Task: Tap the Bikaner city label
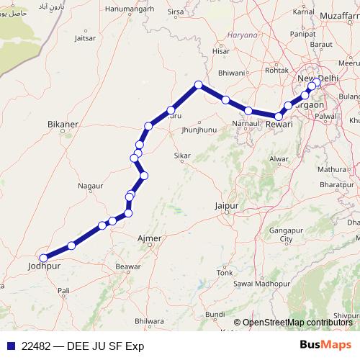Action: click(62, 125)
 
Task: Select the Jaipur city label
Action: click(226, 206)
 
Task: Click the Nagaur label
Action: click(91, 186)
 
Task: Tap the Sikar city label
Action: click(183, 156)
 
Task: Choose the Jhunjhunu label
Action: click(200, 130)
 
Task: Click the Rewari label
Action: click(279, 125)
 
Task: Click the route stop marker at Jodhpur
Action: click(44, 257)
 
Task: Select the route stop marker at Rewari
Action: click(279, 115)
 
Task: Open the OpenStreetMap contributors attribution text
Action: click(297, 323)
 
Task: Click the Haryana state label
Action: click(241, 35)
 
